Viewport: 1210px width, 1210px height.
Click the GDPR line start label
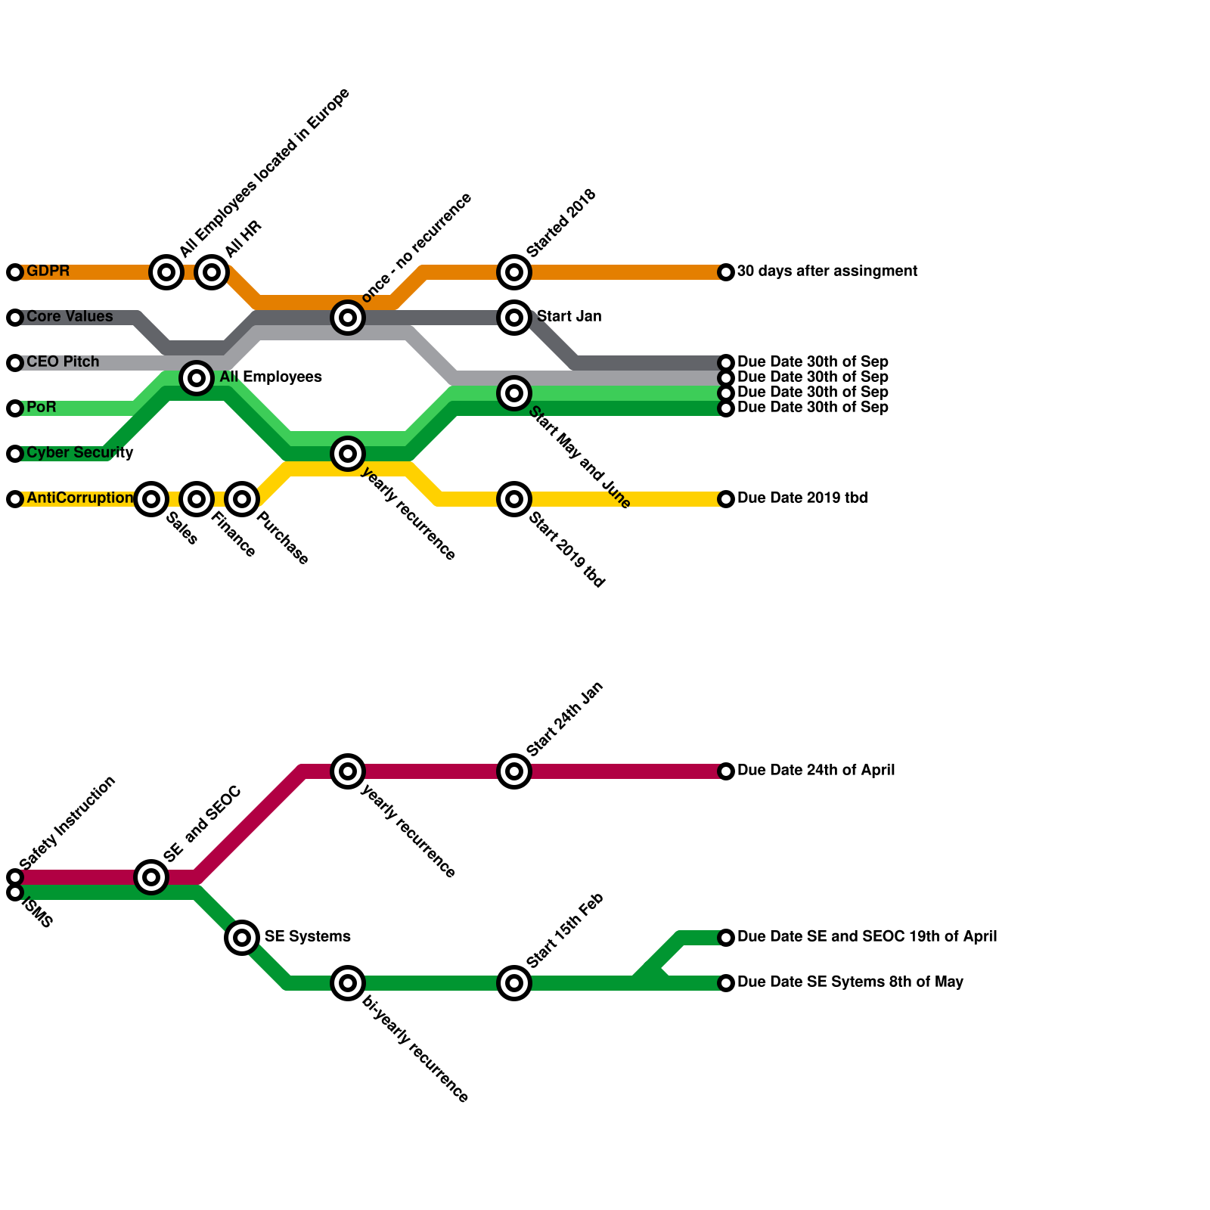click(x=48, y=271)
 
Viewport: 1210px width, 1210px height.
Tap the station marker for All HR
click(x=212, y=272)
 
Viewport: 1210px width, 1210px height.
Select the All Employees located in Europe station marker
click(x=166, y=272)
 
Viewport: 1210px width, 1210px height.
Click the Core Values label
click(x=70, y=316)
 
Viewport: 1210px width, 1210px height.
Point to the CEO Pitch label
click(x=63, y=361)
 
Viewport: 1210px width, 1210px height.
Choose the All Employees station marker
click(x=197, y=377)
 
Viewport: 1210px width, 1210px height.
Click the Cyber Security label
click(x=79, y=452)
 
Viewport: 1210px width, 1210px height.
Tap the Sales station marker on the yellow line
click(x=151, y=499)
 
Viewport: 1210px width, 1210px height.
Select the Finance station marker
click(x=197, y=499)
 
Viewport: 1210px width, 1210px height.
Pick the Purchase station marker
click(x=242, y=499)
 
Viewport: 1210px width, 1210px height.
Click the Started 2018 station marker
click(x=514, y=272)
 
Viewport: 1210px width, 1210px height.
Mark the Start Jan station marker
click(x=514, y=318)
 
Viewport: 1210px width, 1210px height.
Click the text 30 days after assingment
click(x=827, y=271)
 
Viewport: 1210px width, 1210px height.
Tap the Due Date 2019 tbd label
click(x=802, y=498)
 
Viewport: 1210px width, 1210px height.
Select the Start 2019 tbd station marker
click(x=514, y=499)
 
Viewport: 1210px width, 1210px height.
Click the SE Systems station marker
click(x=242, y=938)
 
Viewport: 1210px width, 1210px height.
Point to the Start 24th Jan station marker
click(x=514, y=771)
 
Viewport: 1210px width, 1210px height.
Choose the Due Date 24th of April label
click(x=815, y=770)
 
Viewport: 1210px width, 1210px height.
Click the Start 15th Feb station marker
click(x=514, y=983)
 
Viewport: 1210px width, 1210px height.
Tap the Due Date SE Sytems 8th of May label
click(x=849, y=982)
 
